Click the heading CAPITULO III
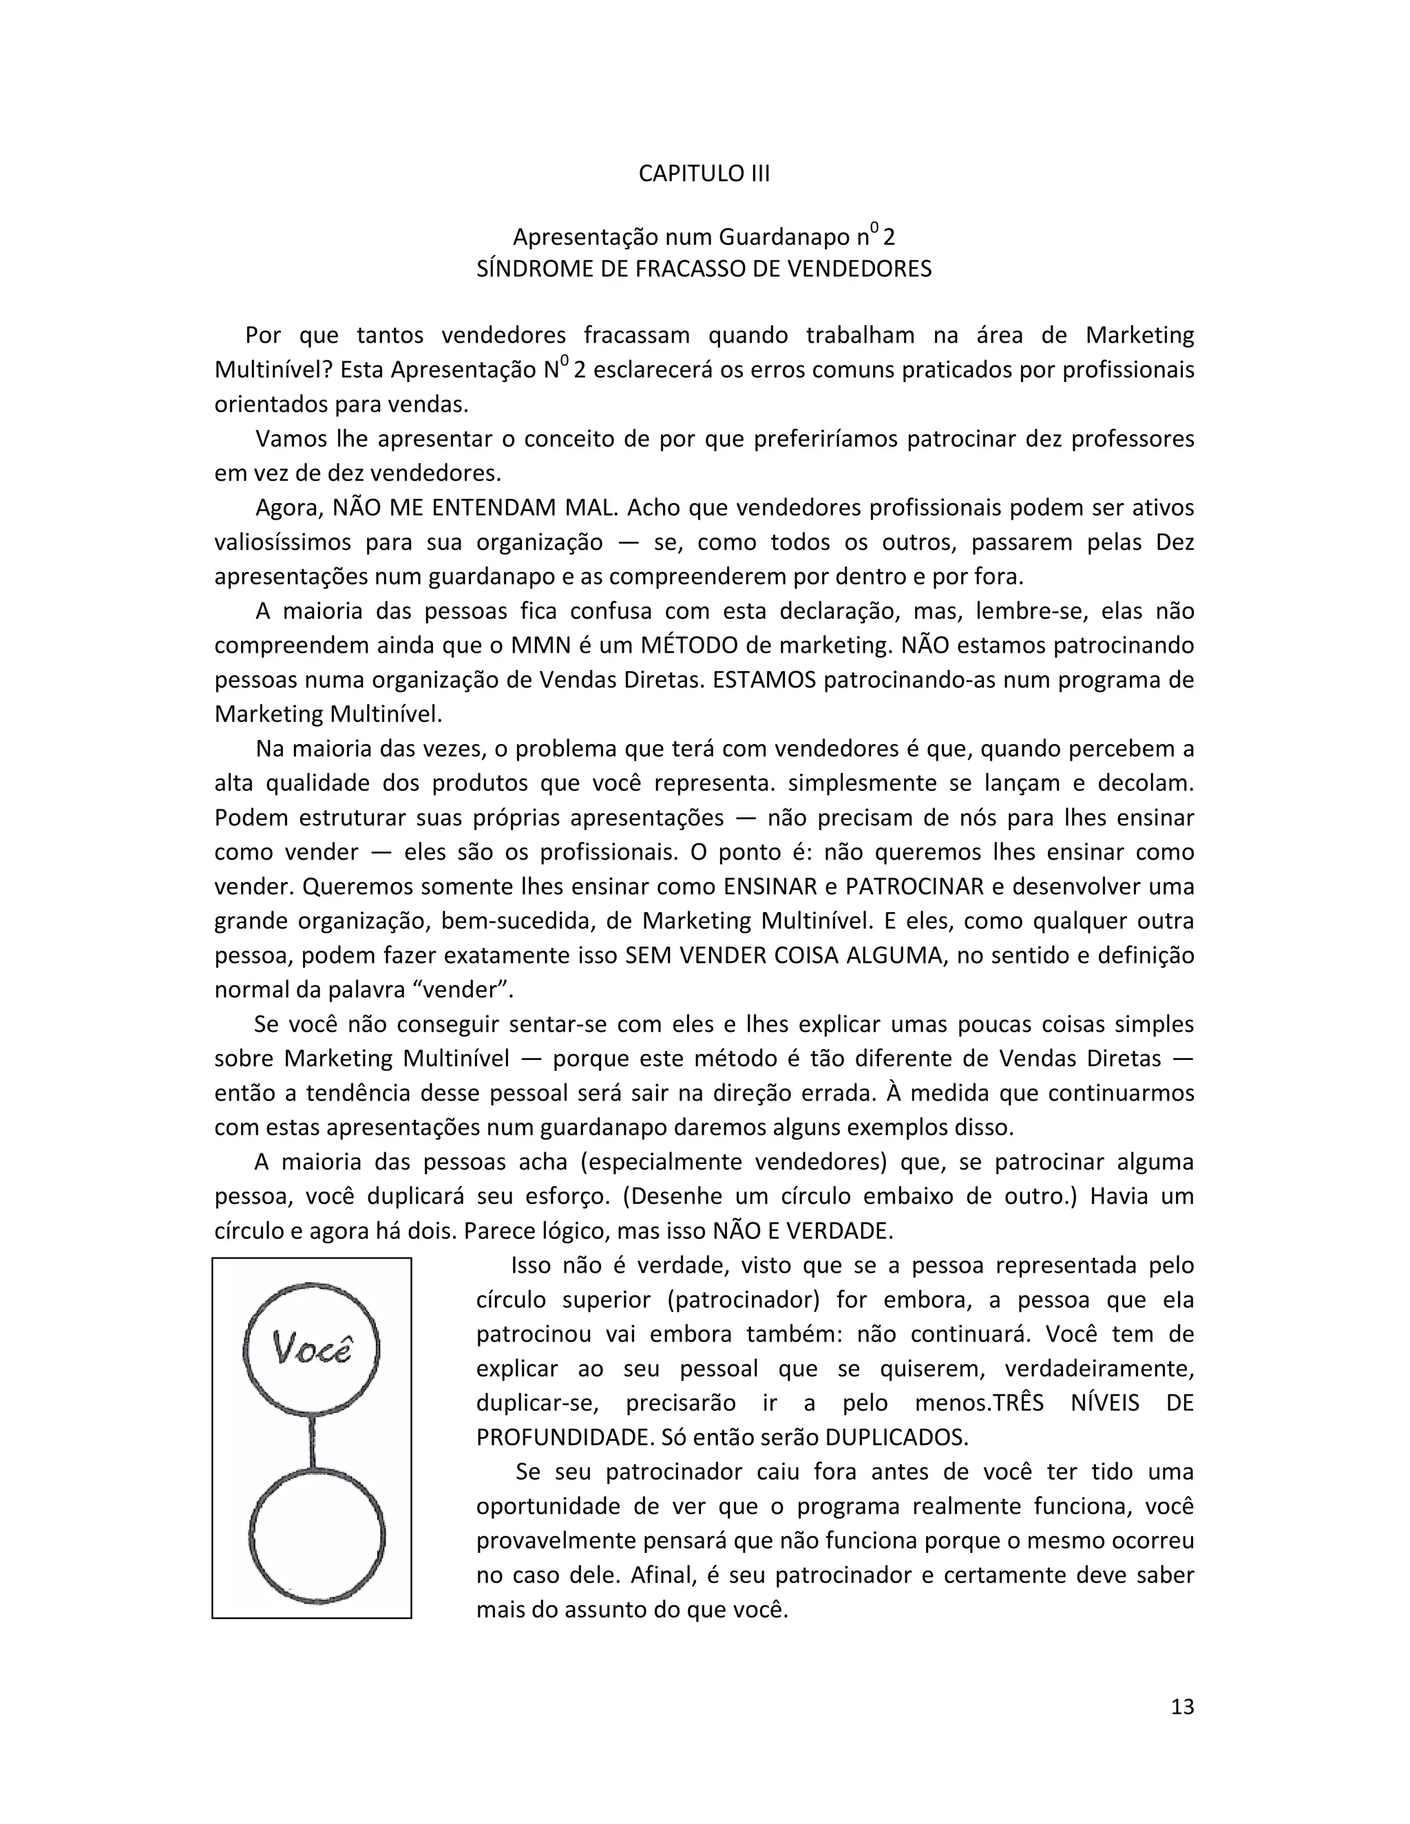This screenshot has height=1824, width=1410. pos(704,173)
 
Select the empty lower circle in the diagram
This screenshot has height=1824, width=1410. pos(317,1537)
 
